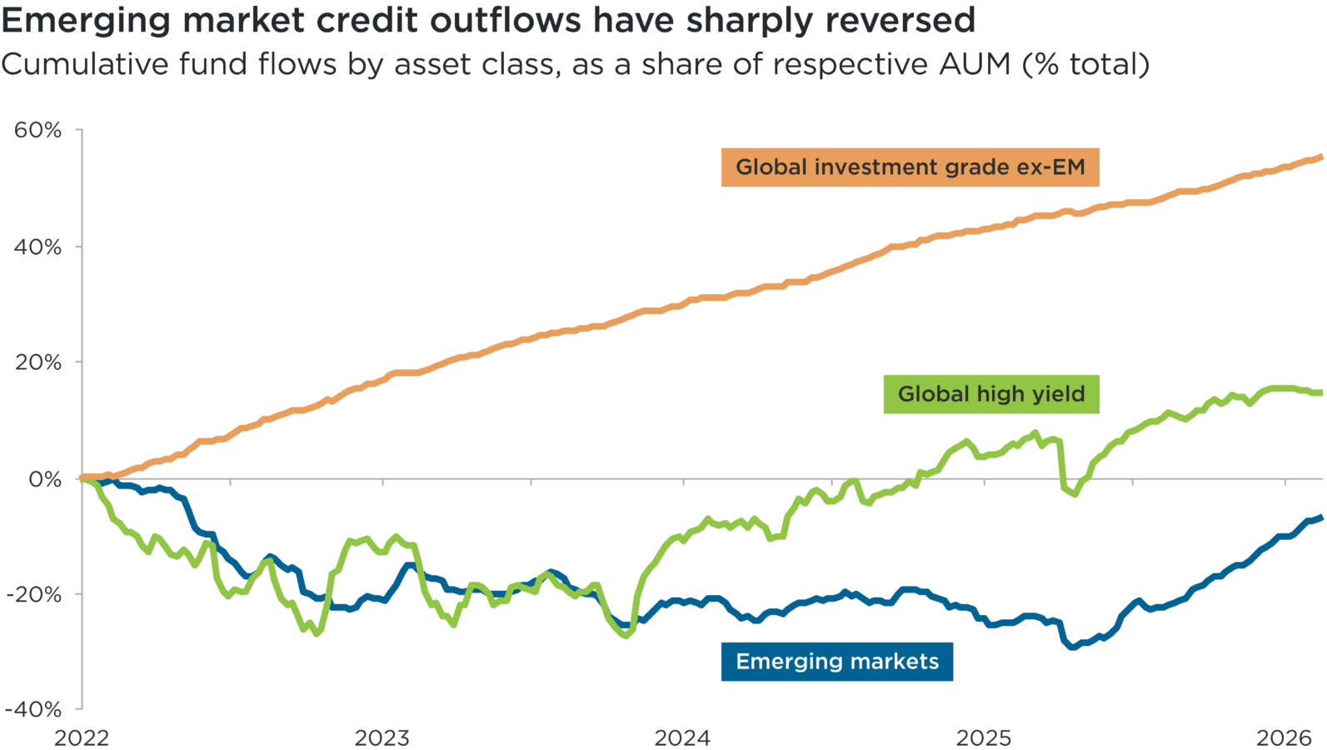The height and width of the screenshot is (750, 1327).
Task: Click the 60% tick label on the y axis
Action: [37, 130]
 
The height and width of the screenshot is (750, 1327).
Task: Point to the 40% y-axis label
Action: [37, 247]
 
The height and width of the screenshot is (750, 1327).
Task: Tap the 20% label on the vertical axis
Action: [37, 362]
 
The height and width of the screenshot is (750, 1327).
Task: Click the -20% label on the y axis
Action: [34, 595]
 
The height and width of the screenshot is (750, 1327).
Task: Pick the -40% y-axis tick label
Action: [34, 710]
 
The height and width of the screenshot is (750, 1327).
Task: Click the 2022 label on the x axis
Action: [82, 737]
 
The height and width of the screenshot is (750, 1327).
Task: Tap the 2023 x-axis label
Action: [382, 737]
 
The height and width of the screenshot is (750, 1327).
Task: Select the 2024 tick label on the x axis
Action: [682, 737]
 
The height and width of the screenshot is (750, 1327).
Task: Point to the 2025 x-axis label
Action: [984, 737]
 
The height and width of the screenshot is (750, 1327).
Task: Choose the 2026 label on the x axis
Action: [1285, 737]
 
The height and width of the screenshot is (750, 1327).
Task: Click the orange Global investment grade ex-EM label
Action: [910, 167]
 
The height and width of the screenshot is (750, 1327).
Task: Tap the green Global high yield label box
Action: [991, 394]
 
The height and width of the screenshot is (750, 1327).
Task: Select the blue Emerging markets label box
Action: [836, 662]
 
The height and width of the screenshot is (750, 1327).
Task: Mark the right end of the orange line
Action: [1321, 156]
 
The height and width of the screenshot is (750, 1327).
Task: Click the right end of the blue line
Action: [1321, 517]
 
